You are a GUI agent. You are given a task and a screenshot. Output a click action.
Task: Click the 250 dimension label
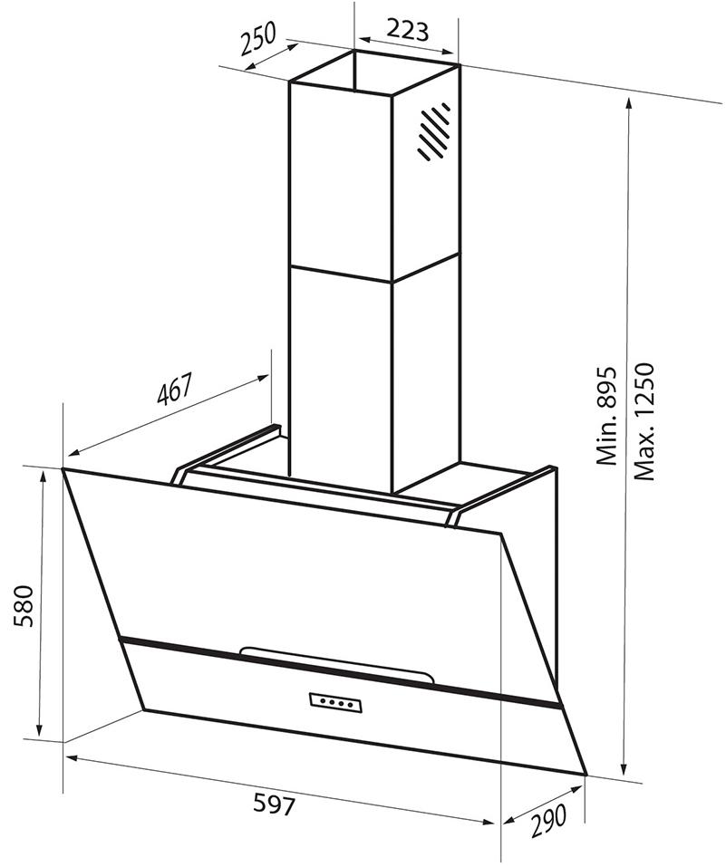pos(258,39)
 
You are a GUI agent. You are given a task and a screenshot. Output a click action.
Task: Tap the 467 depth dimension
pos(174,390)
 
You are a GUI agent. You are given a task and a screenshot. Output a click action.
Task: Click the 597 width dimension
pos(275,804)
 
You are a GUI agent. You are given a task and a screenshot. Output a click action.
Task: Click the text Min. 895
pos(606,415)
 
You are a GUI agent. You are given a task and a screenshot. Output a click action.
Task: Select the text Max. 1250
pos(644,421)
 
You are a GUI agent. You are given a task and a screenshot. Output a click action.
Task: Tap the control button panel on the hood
pos(335,702)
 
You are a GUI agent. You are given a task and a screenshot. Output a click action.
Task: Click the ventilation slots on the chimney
pos(434,131)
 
